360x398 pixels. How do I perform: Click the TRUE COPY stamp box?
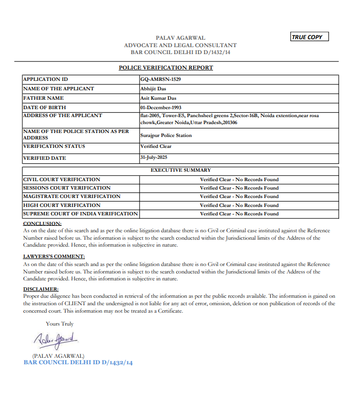click(x=309, y=37)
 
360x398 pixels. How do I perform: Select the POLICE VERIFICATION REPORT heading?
click(x=166, y=67)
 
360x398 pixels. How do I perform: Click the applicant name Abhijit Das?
click(x=153, y=89)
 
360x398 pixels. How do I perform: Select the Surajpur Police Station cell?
click(x=166, y=135)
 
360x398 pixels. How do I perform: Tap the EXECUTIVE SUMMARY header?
click(x=181, y=170)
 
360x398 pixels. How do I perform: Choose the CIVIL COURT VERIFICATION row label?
click(x=62, y=180)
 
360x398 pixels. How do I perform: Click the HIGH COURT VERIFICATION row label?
click(x=62, y=205)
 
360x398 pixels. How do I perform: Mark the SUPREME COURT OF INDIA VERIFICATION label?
click(x=80, y=214)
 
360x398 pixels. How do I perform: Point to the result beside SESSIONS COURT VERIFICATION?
click(x=239, y=188)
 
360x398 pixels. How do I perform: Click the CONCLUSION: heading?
click(x=42, y=224)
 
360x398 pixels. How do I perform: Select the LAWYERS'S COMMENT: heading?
click(x=54, y=257)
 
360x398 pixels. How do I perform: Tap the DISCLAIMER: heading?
click(x=41, y=289)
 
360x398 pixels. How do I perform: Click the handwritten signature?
click(x=56, y=341)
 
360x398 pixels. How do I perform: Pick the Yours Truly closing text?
click(x=60, y=324)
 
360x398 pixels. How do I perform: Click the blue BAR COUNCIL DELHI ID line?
click(x=78, y=363)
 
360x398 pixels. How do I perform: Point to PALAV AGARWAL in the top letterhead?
click(x=180, y=38)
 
